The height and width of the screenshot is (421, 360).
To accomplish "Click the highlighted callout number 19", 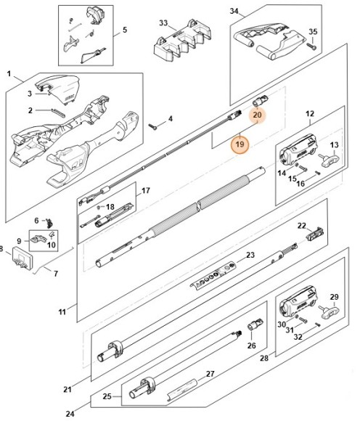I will click(x=240, y=145).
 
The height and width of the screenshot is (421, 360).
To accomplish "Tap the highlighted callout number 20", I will click(x=258, y=115).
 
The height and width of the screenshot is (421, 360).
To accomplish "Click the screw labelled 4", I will click(x=155, y=126).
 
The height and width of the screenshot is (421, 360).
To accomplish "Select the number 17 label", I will click(x=145, y=191).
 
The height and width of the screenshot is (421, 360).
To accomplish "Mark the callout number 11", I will click(x=62, y=312).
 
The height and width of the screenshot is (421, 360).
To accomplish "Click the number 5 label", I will click(x=124, y=30).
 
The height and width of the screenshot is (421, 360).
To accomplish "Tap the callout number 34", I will click(x=234, y=11).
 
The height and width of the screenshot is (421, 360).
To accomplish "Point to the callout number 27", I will click(x=210, y=375).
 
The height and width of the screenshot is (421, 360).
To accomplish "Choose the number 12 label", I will click(x=309, y=113).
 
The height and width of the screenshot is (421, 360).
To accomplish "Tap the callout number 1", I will click(x=10, y=74).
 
